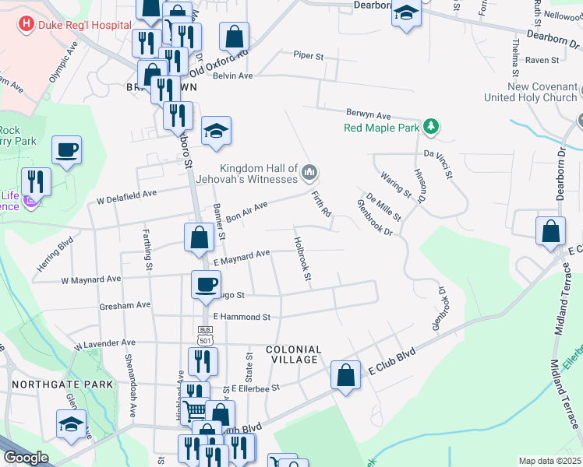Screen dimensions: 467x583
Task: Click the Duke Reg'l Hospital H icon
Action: pyautogui.click(x=26, y=24)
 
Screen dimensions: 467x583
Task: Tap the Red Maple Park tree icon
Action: pyautogui.click(x=429, y=127)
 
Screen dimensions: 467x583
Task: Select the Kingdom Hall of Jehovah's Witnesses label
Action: pyautogui.click(x=259, y=174)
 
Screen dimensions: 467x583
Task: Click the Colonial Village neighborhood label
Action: pyautogui.click(x=293, y=354)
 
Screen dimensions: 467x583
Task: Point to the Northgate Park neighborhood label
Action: pyautogui.click(x=62, y=384)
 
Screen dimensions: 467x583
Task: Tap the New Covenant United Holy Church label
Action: pyautogui.click(x=531, y=92)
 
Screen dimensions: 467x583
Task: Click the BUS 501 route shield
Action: pyautogui.click(x=205, y=335)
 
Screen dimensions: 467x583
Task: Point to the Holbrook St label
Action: pyautogui.click(x=302, y=259)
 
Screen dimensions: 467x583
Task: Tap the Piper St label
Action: pyautogui.click(x=308, y=55)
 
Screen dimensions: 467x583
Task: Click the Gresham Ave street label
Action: pyautogui.click(x=125, y=306)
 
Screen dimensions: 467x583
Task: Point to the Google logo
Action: pyautogui.click(x=26, y=458)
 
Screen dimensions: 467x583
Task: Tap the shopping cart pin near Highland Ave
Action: pyautogui.click(x=195, y=409)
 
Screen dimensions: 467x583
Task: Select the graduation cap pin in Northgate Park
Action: pyautogui.click(x=71, y=423)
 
